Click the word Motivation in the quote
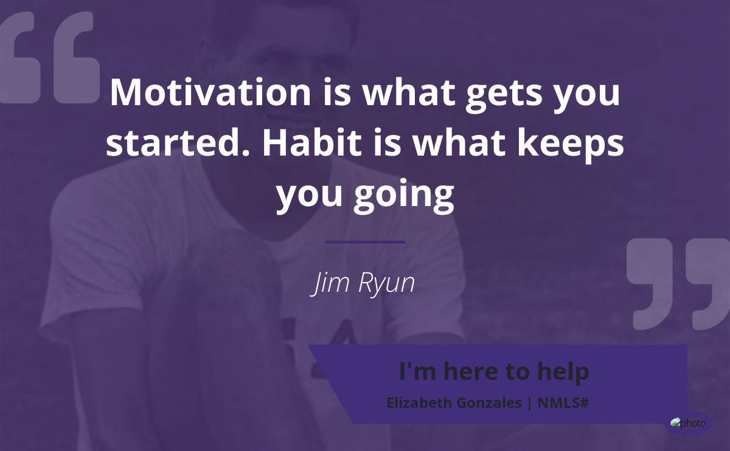(x=210, y=92)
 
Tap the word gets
(x=504, y=94)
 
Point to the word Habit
(x=312, y=143)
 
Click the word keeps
(x=571, y=145)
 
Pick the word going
(x=404, y=195)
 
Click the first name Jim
(x=330, y=283)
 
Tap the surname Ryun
(x=386, y=283)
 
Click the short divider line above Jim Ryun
(x=365, y=243)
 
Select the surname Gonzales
(x=489, y=403)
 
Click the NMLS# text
(x=563, y=403)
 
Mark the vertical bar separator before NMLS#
(x=530, y=403)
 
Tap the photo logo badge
(x=687, y=423)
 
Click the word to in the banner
(x=518, y=372)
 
